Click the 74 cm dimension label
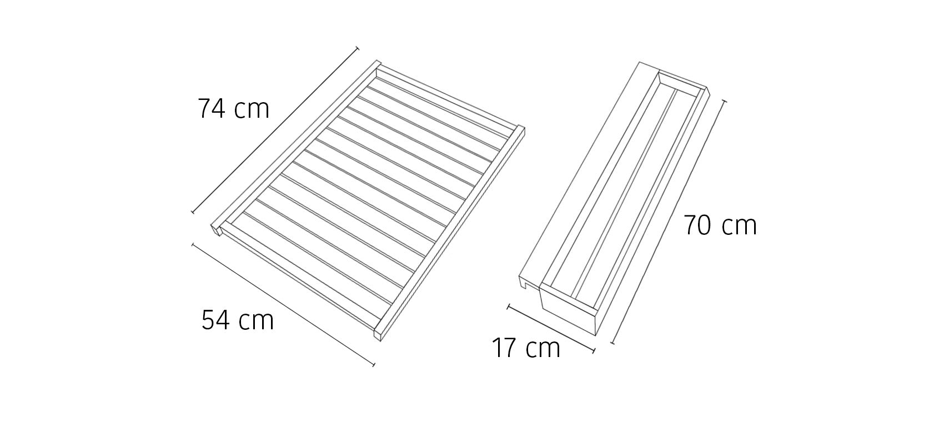coord(233,109)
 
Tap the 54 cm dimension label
coord(238,320)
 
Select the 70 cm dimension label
coord(720,225)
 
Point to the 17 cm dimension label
coord(526,348)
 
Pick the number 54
coord(216,320)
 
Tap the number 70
coord(698,225)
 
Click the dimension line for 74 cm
coord(275,130)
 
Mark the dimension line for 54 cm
coord(283,304)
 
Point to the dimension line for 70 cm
coord(669,222)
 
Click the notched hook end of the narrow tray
coord(529,282)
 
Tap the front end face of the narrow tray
coord(568,310)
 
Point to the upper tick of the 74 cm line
coord(358,48)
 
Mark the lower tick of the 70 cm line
coord(612,343)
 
